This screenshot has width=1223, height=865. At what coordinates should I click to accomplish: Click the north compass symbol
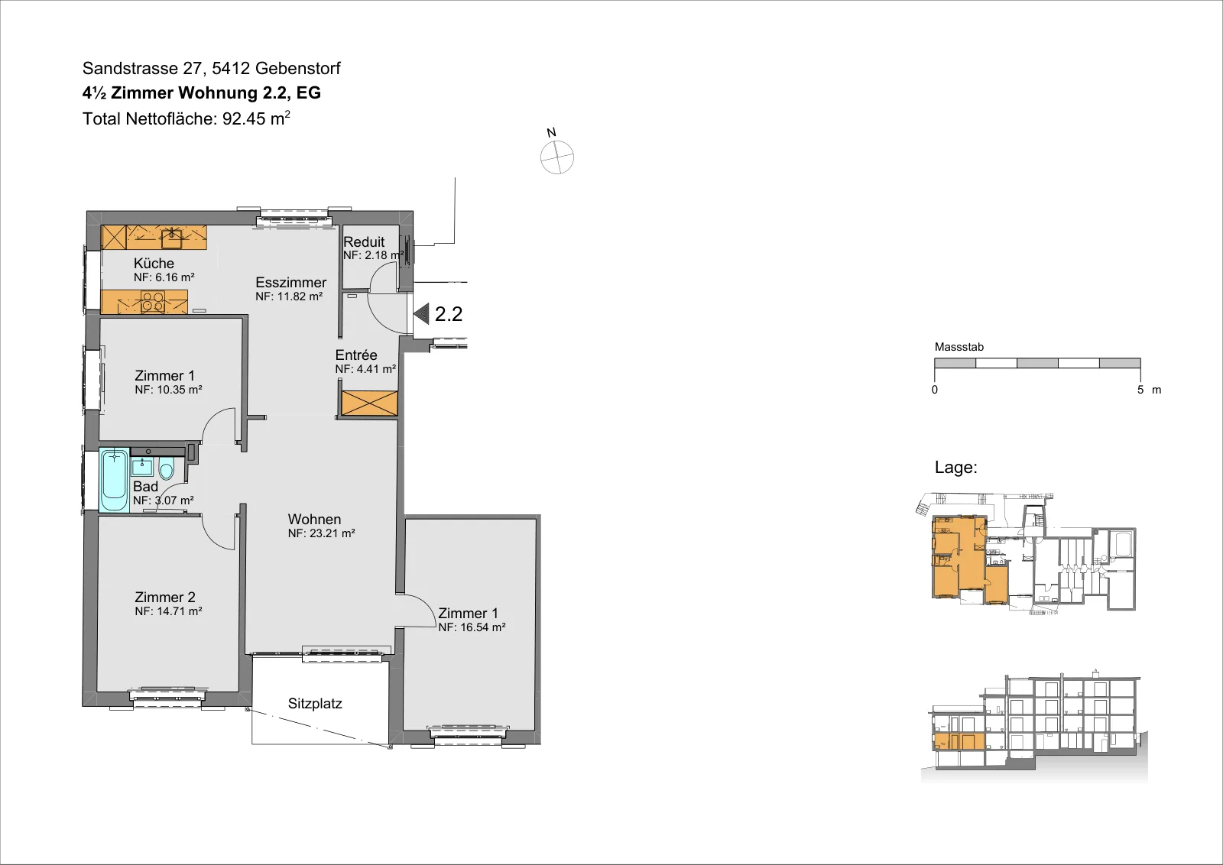point(557,157)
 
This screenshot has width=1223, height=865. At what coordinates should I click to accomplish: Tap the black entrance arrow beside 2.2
point(421,314)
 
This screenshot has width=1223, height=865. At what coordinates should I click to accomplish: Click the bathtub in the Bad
point(114,480)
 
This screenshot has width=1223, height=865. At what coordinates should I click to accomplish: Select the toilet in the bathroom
point(166,469)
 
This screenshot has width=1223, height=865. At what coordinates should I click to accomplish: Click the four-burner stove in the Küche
point(153,303)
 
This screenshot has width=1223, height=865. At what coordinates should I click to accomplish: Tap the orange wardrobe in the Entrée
point(369,403)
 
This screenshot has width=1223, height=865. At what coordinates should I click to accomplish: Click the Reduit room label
point(364,241)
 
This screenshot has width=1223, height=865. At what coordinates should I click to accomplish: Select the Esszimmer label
point(291,282)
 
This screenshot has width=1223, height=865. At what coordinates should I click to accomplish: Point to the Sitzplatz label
point(315,704)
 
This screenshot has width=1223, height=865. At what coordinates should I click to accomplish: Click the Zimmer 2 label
point(165,597)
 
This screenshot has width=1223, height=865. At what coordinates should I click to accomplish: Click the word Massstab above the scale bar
point(959,347)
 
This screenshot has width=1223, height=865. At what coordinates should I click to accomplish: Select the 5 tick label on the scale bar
point(1140,390)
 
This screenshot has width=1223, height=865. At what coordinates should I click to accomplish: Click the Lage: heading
point(956,467)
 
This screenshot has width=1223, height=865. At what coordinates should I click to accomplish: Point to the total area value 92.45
point(244,118)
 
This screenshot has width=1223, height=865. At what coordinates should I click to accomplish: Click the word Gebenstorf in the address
point(297,68)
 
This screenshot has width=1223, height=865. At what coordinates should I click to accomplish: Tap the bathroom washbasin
point(142,468)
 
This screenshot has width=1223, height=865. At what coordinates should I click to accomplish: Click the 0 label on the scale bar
point(935,390)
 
